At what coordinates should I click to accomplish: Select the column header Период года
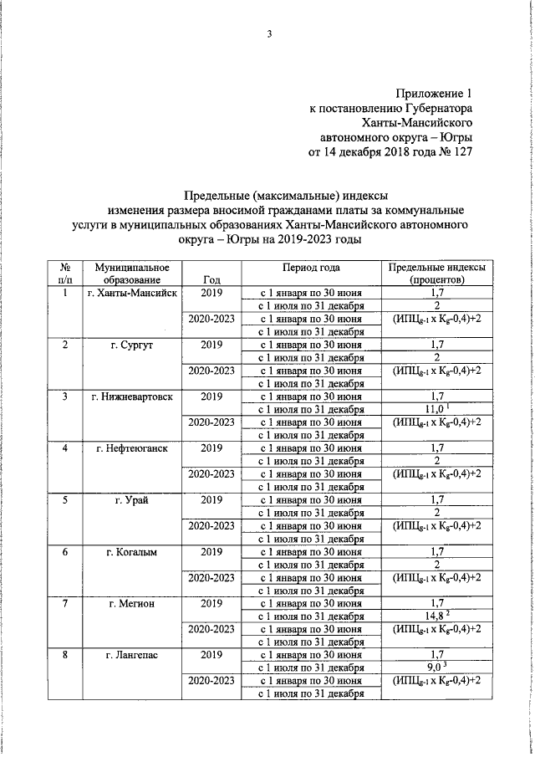pos(311,267)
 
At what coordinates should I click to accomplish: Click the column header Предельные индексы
pos(436,267)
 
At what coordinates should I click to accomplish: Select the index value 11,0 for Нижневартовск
pos(434,409)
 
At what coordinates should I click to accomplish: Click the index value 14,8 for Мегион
pos(434,616)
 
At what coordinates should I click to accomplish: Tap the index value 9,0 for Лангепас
pos(434,668)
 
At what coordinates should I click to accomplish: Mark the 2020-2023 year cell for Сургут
pos(212,371)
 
